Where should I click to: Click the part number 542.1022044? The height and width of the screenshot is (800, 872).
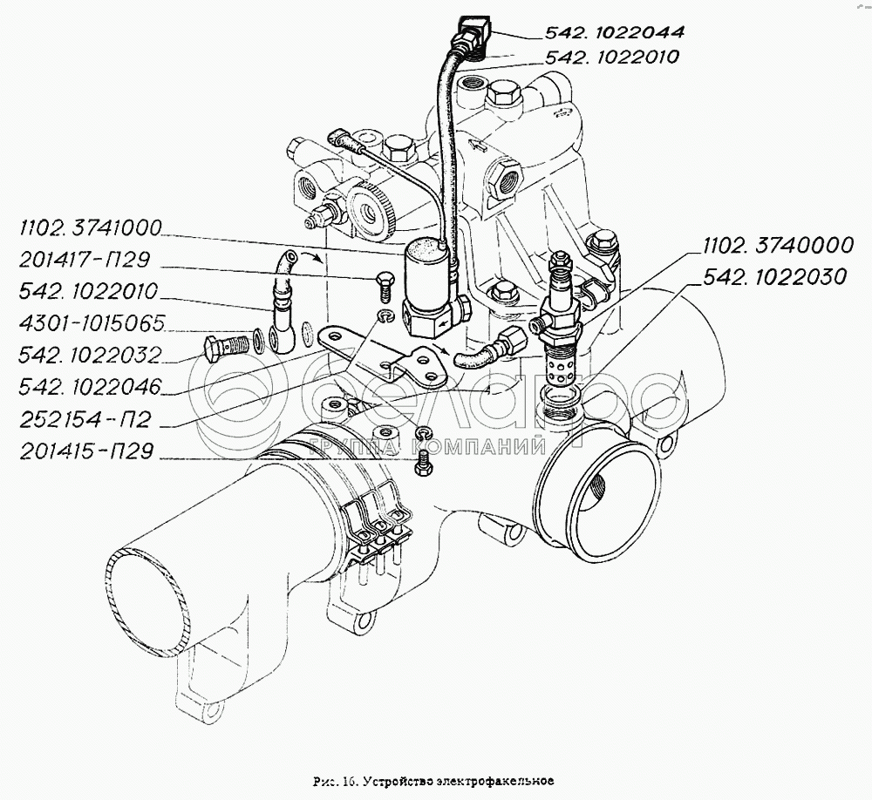pos(614,31)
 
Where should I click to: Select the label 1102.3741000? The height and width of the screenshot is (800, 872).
pos(90,228)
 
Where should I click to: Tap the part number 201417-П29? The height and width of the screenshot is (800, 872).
pos(85,260)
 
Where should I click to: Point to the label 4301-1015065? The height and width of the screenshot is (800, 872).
pos(92,323)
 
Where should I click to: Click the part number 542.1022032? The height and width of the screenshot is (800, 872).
pos(90,356)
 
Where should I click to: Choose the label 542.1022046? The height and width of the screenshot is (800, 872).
pos(90,387)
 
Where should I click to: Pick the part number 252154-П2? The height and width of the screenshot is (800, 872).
pos(85,420)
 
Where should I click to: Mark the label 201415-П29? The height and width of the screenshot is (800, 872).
pos(86,451)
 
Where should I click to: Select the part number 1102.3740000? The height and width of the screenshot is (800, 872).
pos(778,245)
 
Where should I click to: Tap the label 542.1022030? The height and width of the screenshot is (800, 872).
pos(774,277)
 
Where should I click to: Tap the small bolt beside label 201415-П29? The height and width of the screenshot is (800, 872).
pos(422,464)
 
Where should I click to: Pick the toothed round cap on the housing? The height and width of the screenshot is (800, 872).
pos(370,210)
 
